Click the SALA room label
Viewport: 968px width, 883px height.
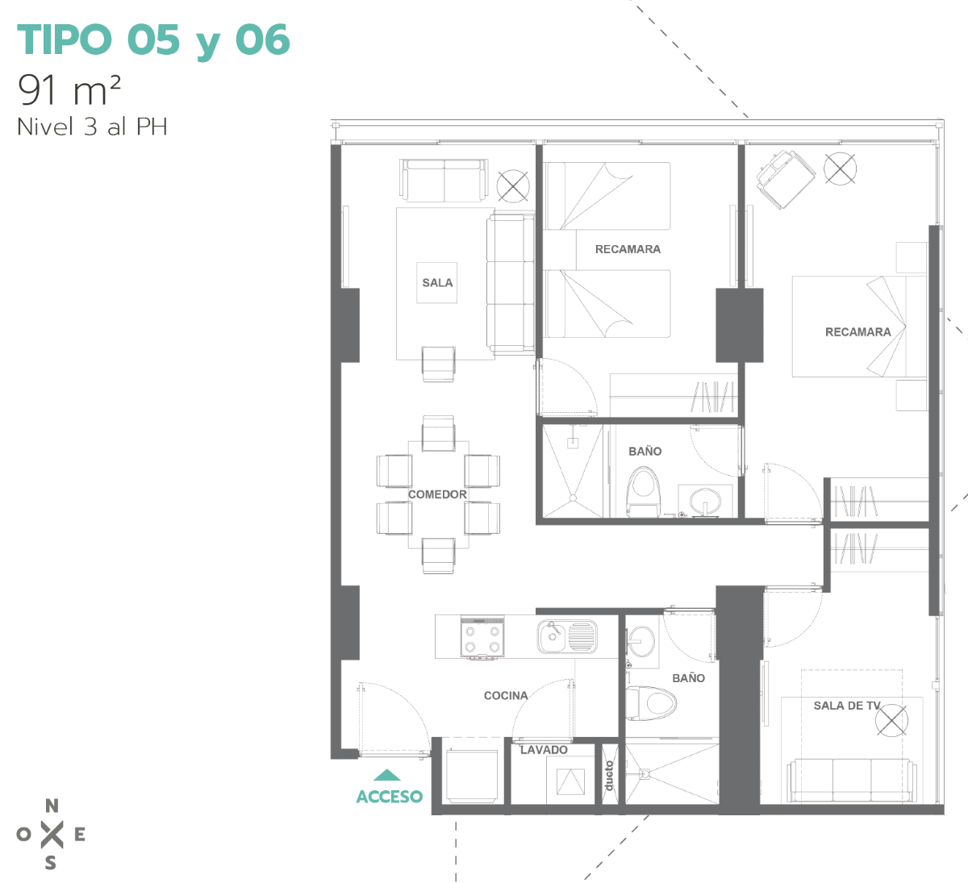pos(437,283)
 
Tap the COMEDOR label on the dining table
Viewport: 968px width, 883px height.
pos(437,494)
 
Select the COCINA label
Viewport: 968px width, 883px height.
pos(506,695)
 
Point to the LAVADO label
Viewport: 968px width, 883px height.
pos(544,750)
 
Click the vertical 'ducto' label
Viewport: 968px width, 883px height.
pos(609,776)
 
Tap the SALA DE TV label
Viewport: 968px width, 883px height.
pos(847,706)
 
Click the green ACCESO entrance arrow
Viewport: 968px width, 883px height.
pos(387,775)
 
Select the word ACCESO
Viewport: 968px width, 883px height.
pos(390,797)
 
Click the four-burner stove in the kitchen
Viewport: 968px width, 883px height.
pos(482,638)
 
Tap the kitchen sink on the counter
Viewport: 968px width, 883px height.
pos(567,637)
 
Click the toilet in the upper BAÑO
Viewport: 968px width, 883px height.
pos(643,492)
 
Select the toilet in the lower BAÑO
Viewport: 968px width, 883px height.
pos(650,703)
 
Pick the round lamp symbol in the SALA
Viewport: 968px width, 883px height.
pos(513,186)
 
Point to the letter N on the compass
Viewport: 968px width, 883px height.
pos(52,806)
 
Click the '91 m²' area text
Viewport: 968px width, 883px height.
pos(69,90)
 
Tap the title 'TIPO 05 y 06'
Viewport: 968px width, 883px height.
pos(153,40)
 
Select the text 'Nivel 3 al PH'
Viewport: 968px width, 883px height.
pos(92,127)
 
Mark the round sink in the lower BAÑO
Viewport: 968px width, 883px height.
pos(641,642)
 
